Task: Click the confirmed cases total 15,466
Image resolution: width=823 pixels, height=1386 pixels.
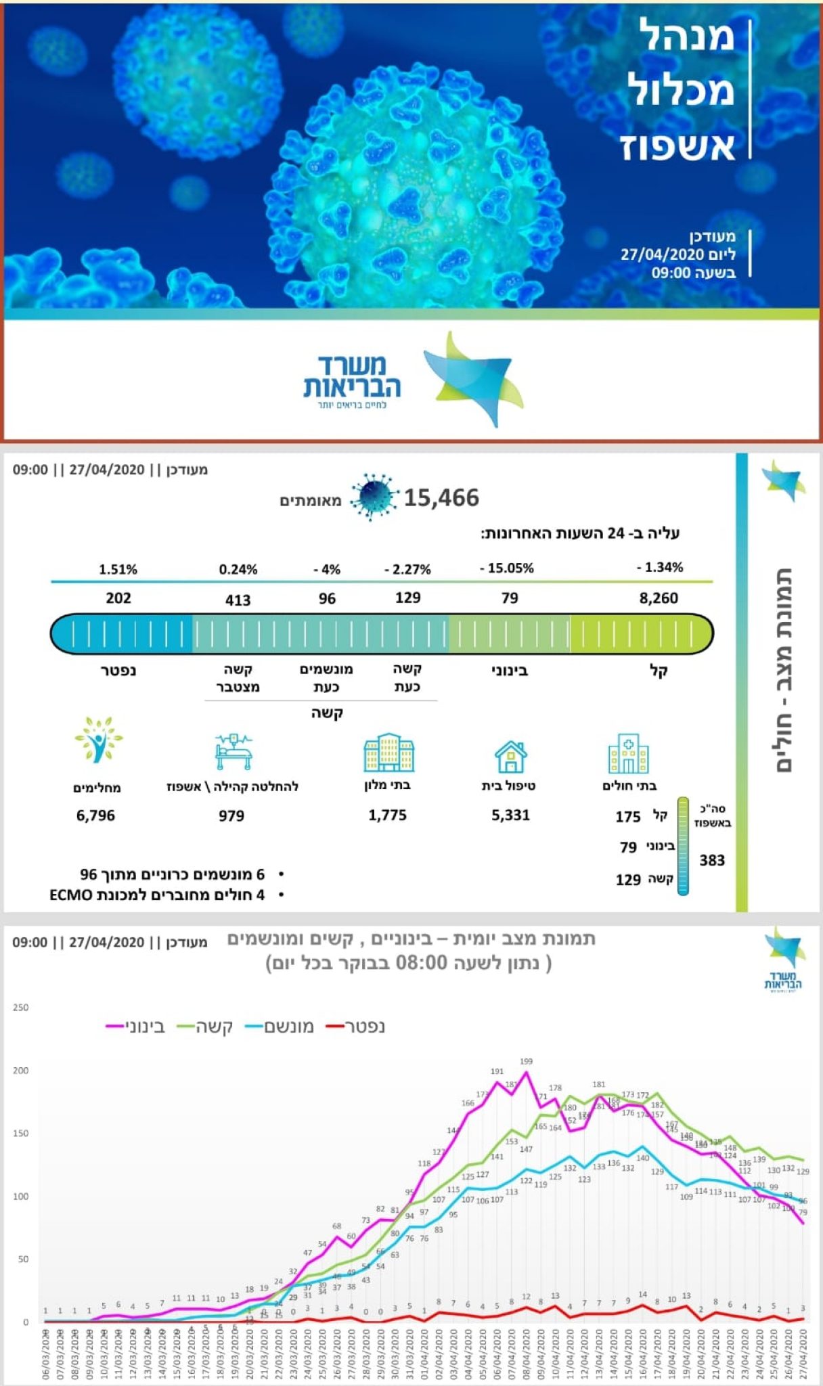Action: (x=441, y=498)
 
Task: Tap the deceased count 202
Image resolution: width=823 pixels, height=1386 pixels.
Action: (x=118, y=598)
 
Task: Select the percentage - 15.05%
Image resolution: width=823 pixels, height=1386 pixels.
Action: (x=507, y=568)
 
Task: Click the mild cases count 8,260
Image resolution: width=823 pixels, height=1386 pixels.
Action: (x=659, y=598)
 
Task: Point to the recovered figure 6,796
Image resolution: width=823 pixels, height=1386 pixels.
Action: (x=95, y=815)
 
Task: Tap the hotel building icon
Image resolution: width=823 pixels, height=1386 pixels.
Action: (x=388, y=753)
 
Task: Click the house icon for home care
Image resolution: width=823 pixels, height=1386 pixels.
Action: (x=510, y=756)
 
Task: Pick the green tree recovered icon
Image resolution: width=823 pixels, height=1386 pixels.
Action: (x=99, y=740)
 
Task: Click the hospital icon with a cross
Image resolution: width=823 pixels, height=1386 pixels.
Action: (x=628, y=753)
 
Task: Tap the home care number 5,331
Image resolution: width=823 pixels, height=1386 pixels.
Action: (x=510, y=815)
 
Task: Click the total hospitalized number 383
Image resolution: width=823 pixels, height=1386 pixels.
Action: (x=712, y=860)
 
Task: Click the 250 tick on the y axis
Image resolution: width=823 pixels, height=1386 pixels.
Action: (x=20, y=1008)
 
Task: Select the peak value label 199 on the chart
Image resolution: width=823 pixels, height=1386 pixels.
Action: (x=526, y=1061)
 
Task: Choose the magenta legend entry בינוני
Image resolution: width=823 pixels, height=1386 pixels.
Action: (x=135, y=1027)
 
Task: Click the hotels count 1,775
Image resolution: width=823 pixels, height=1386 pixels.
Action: (x=387, y=815)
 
